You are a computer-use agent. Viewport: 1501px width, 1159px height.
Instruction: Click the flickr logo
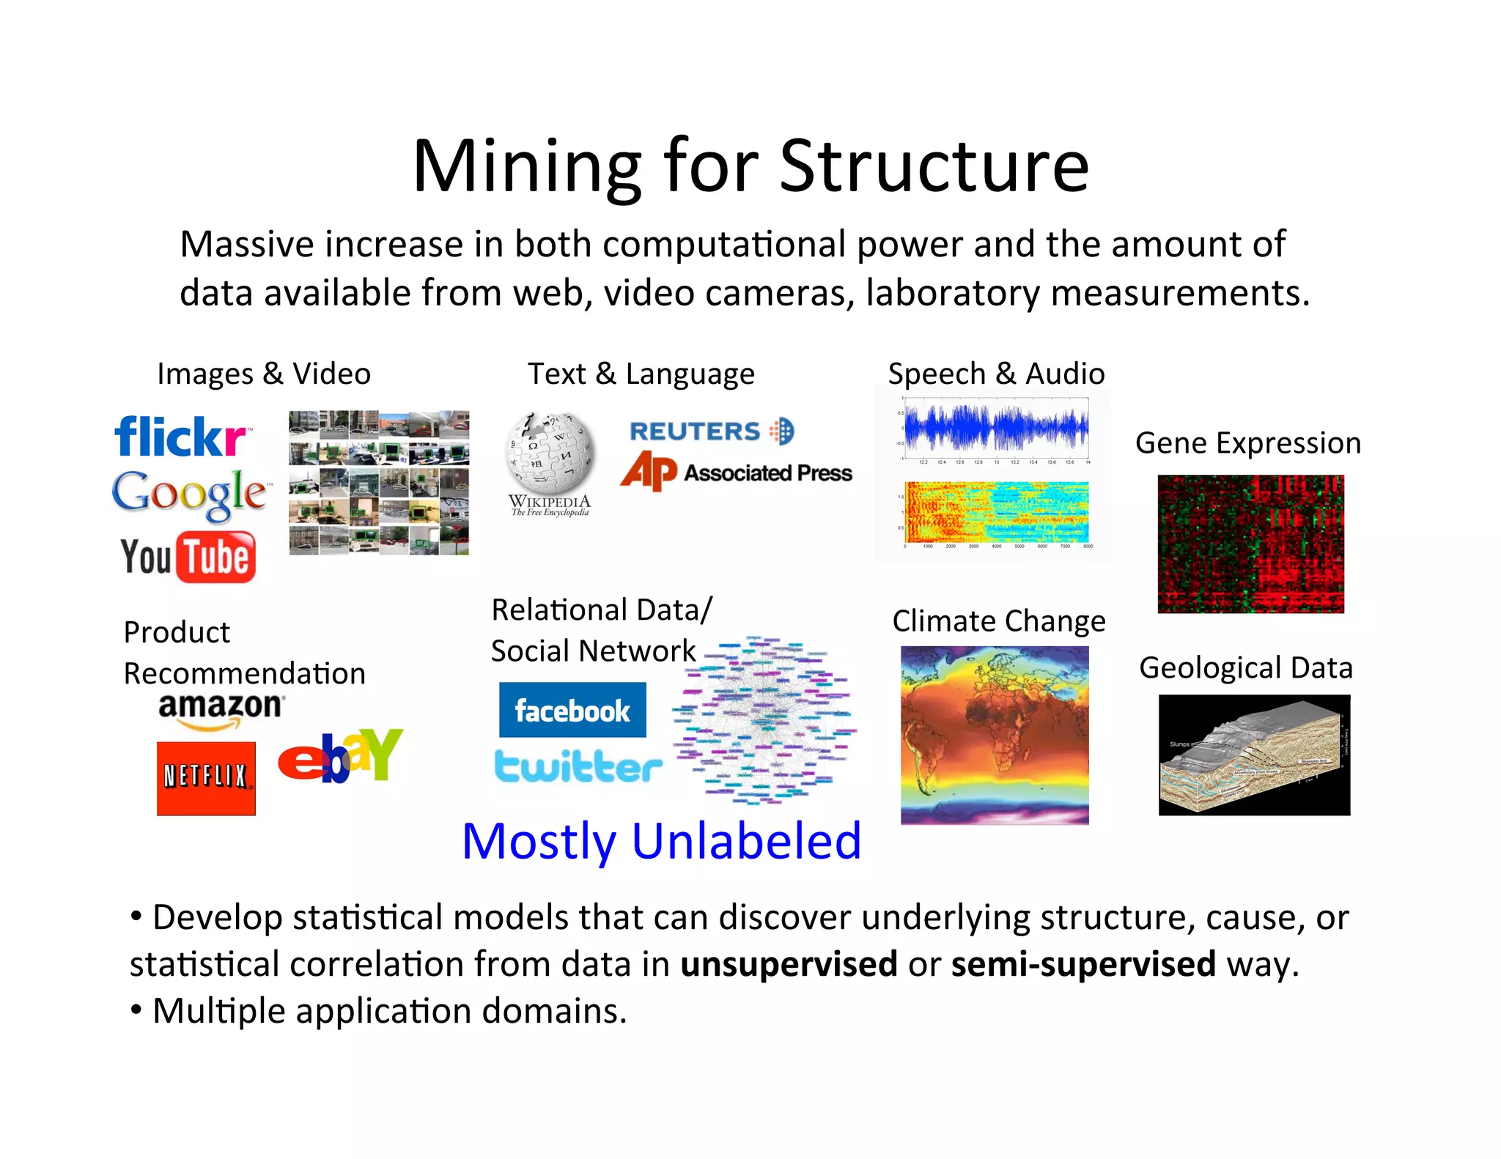[x=181, y=437]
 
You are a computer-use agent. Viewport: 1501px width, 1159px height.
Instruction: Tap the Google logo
[x=189, y=495]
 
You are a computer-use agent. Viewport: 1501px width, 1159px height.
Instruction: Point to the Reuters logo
[x=711, y=432]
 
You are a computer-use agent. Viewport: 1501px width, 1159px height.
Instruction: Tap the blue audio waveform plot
[x=996, y=429]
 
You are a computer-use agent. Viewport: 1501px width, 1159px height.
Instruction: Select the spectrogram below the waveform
[x=996, y=512]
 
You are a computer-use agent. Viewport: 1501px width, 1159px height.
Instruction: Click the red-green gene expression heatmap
[x=1250, y=544]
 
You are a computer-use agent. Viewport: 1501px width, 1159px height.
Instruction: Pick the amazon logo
[x=220, y=709]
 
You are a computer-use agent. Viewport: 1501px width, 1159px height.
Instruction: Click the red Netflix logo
[x=206, y=778]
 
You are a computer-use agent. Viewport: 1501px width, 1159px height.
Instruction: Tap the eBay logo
[x=340, y=756]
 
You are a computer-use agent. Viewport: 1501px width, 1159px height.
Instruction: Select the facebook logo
[x=572, y=710]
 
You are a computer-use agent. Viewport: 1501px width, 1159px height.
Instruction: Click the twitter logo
[x=578, y=766]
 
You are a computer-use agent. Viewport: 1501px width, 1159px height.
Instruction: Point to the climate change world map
[x=995, y=735]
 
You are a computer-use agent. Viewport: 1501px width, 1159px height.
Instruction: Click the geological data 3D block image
[x=1254, y=755]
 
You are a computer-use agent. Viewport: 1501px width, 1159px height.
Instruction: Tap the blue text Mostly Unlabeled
[x=661, y=841]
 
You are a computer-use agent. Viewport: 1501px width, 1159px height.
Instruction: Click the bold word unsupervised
[x=789, y=964]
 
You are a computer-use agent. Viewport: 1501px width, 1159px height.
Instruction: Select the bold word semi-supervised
[x=1083, y=964]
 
